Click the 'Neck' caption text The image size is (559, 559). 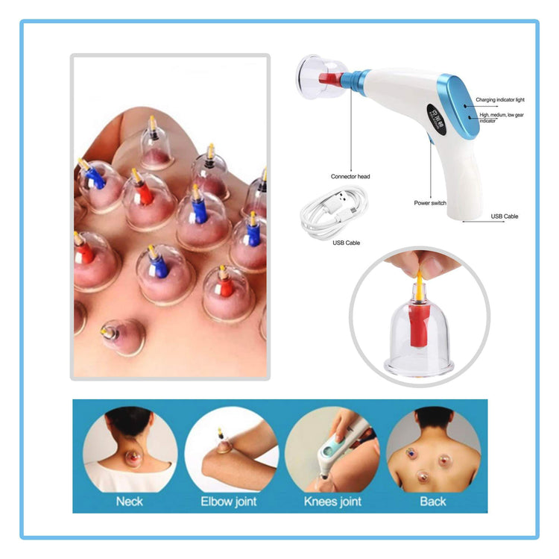(x=129, y=501)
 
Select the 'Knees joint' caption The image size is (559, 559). (x=332, y=501)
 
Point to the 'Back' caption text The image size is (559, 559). (x=432, y=501)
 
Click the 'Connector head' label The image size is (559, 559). (x=350, y=177)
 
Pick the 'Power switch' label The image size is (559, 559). (x=430, y=203)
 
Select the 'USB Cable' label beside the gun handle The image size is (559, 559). (x=505, y=216)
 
